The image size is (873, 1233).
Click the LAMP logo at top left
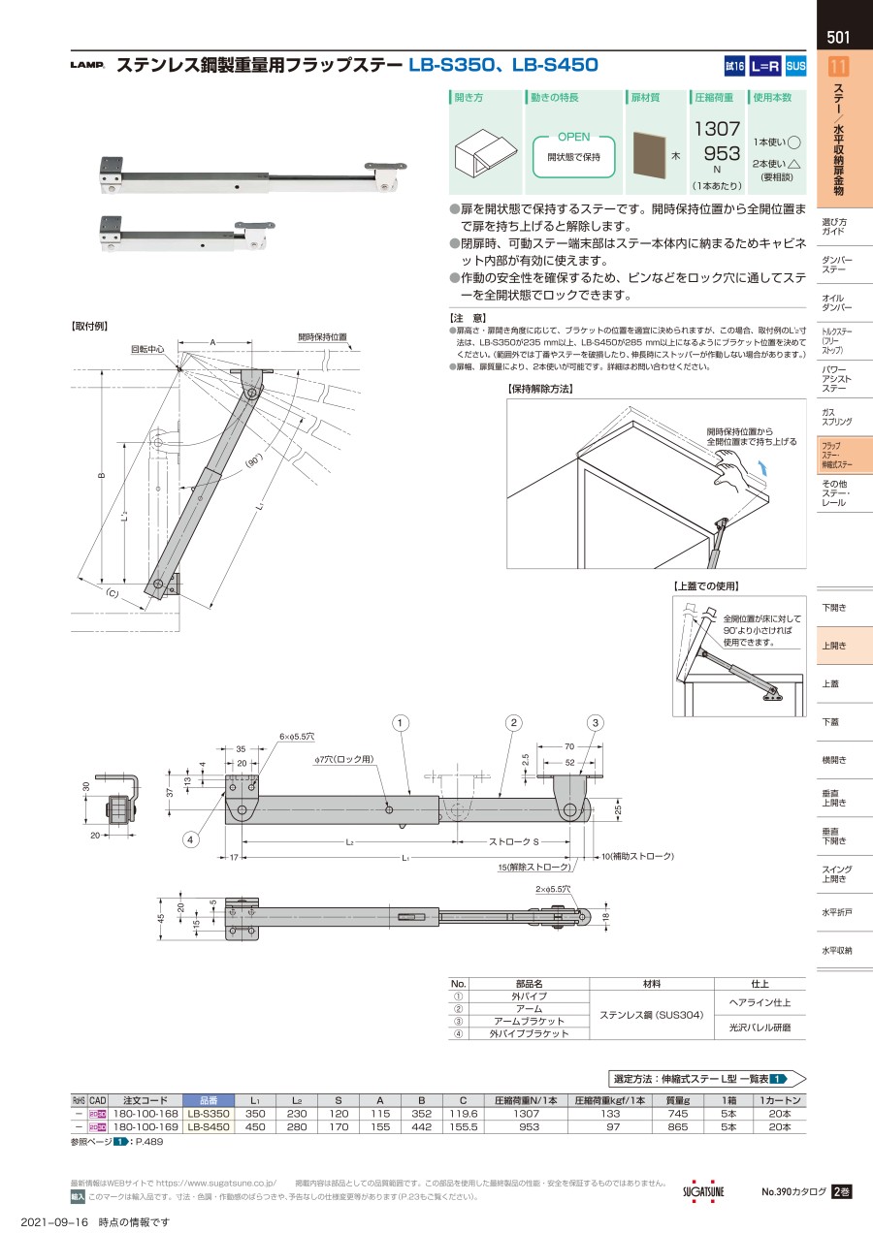[87, 67]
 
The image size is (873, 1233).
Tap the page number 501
[839, 39]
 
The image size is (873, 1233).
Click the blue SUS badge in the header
[795, 66]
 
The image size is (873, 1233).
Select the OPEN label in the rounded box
[574, 138]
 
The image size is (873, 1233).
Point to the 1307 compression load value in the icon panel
[717, 128]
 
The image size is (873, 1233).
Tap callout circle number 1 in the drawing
[402, 722]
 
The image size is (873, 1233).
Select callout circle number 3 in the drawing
[596, 722]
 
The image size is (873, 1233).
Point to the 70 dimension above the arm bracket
[570, 747]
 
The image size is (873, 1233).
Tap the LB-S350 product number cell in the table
[208, 1115]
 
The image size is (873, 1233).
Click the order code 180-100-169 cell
[145, 1127]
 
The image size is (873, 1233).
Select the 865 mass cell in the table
[678, 1127]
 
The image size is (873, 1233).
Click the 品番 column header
[208, 1101]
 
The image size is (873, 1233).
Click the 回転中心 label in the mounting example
[148, 347]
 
